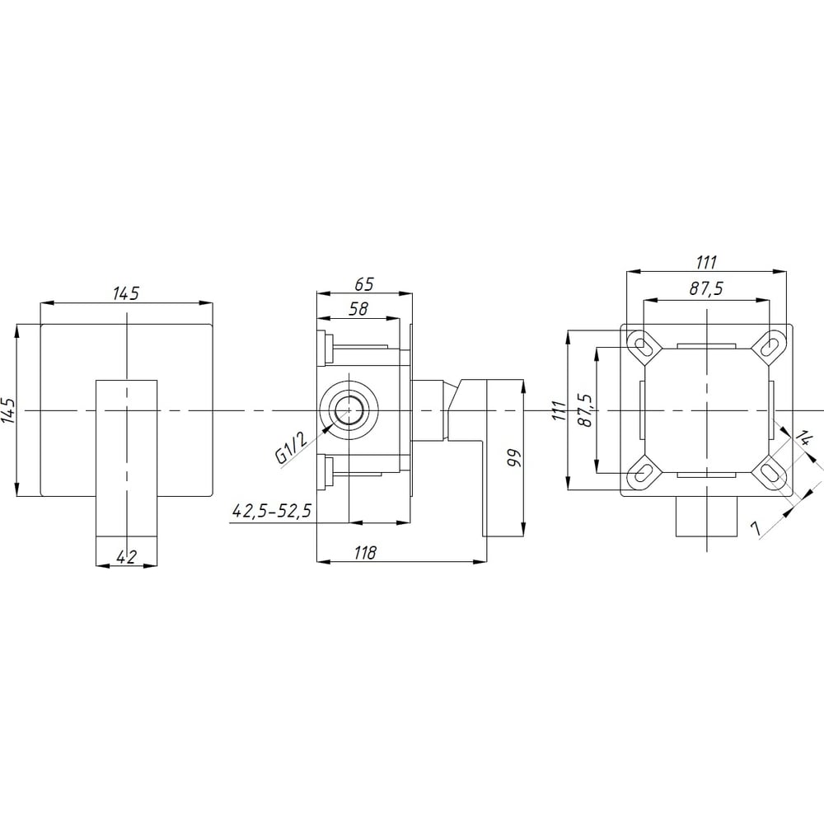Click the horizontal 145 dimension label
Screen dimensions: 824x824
pos(126,293)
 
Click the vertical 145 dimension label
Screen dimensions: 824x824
pos(9,410)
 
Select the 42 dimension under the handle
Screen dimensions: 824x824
pos(126,556)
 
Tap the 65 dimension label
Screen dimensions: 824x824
pos(363,283)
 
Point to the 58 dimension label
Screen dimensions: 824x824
pos(359,308)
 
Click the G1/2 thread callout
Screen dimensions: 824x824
pos(290,447)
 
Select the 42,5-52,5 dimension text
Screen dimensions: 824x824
pos(272,510)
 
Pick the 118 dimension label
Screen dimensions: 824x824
pos(365,552)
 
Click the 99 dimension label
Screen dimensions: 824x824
pos(513,457)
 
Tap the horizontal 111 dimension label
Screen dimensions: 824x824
pos(706,262)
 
